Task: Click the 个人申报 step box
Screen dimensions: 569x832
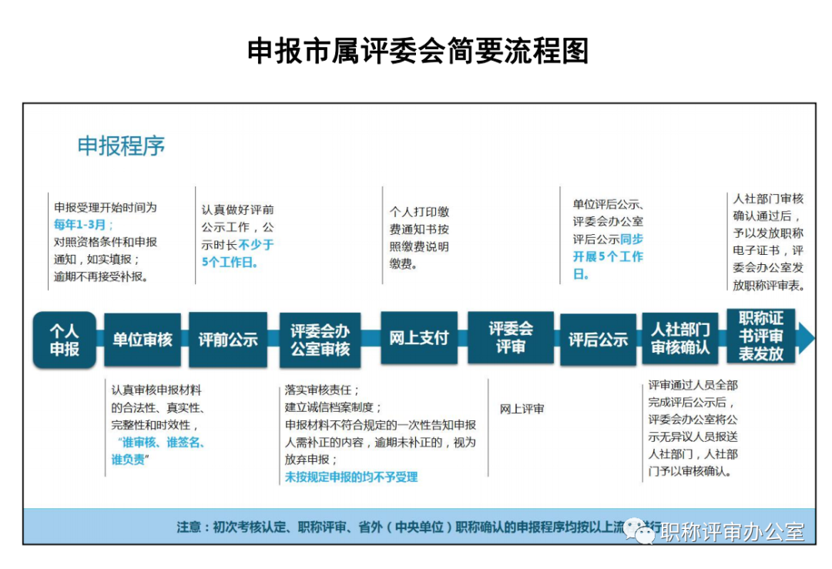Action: [x=65, y=340]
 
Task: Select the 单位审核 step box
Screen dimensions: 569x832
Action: [x=143, y=340]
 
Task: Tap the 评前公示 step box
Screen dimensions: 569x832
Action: [x=228, y=340]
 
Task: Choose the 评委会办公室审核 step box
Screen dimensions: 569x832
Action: [x=320, y=340]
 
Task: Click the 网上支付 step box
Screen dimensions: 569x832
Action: [x=418, y=338]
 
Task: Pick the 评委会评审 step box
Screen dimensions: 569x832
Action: [x=510, y=338]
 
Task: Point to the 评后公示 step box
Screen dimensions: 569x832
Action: [x=598, y=340]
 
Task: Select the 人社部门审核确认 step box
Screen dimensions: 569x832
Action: [x=680, y=339]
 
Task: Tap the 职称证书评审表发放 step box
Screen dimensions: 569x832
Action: [x=761, y=336]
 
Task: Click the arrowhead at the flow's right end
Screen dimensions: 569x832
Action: [x=806, y=337]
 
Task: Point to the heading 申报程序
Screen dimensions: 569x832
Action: [x=121, y=146]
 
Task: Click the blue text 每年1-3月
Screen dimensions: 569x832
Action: [x=83, y=225]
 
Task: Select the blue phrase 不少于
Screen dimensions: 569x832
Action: [x=256, y=245]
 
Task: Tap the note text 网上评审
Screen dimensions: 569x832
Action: [x=522, y=409]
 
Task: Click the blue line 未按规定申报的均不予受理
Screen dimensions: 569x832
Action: [x=351, y=477]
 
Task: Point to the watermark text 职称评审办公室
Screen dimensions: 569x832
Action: [x=733, y=532]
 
